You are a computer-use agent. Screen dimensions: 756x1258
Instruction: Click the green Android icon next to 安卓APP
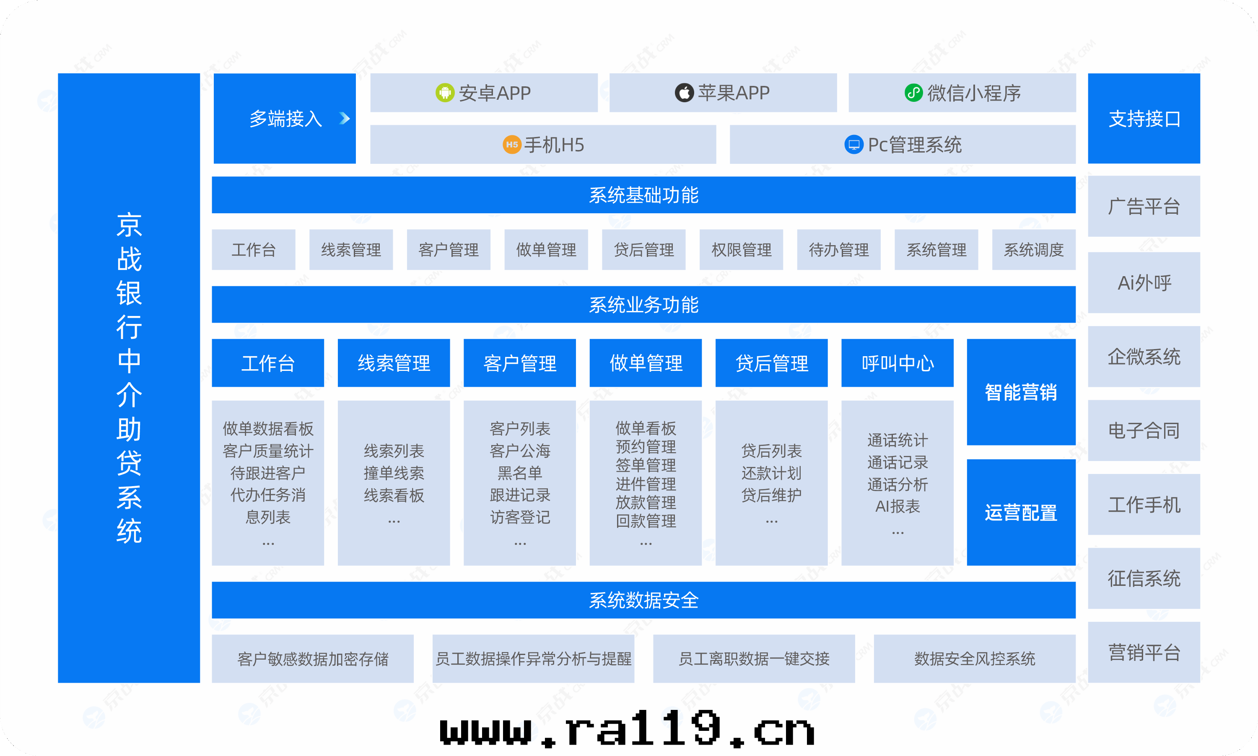pyautogui.click(x=445, y=93)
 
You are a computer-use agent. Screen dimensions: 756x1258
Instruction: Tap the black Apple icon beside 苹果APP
pyautogui.click(x=684, y=93)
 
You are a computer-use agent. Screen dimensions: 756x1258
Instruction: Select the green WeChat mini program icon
pyautogui.click(x=913, y=93)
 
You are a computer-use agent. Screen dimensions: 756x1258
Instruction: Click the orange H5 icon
pyautogui.click(x=511, y=145)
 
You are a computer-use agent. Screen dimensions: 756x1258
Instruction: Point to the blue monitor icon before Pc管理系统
pyautogui.click(x=853, y=145)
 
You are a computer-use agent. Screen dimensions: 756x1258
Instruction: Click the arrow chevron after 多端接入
pyautogui.click(x=345, y=119)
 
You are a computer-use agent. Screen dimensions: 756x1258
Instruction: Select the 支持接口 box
pyautogui.click(x=1144, y=119)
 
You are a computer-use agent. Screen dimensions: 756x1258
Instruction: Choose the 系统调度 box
pyautogui.click(x=1033, y=250)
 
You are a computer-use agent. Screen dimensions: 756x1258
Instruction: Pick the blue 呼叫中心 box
pyautogui.click(x=897, y=363)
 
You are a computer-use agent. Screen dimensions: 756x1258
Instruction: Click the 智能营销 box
pyautogui.click(x=1021, y=392)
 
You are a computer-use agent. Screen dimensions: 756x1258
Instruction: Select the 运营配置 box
pyautogui.click(x=1021, y=513)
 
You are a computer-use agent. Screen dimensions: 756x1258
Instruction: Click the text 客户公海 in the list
pyautogui.click(x=520, y=451)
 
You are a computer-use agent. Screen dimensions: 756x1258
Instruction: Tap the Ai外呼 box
pyautogui.click(x=1144, y=283)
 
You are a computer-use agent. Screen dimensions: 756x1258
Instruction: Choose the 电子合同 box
pyautogui.click(x=1144, y=430)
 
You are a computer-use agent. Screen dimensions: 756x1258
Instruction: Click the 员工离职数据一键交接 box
pyautogui.click(x=754, y=659)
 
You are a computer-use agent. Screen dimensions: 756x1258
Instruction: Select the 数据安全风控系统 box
pyautogui.click(x=974, y=659)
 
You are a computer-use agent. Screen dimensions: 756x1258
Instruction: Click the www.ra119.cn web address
pyautogui.click(x=628, y=730)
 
